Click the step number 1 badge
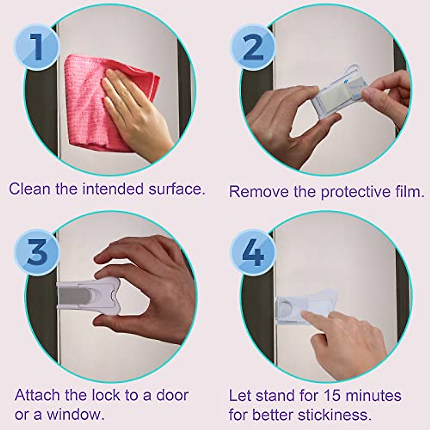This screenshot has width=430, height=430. point(37,47)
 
